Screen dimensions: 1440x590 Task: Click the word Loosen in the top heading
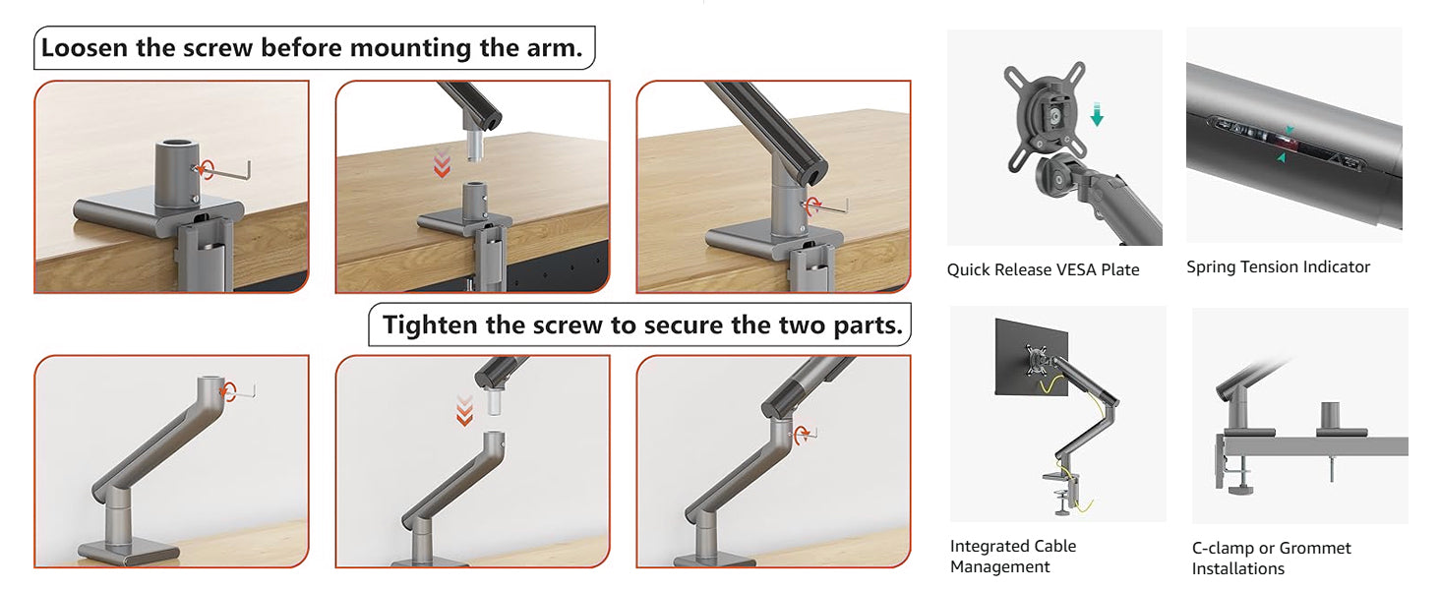(x=85, y=48)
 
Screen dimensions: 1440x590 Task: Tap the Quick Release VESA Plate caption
(x=1043, y=270)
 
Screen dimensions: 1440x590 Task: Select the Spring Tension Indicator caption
(x=1278, y=267)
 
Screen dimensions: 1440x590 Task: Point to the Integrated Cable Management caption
(x=1013, y=557)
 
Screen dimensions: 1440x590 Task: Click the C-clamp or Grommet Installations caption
(x=1272, y=559)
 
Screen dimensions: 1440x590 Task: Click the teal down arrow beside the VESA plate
(x=1097, y=115)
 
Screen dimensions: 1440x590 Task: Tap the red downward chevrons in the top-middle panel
(x=442, y=164)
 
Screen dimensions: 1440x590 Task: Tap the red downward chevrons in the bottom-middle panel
(x=465, y=411)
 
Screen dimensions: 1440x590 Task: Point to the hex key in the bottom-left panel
(x=240, y=390)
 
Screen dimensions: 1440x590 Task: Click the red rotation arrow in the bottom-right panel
(x=802, y=434)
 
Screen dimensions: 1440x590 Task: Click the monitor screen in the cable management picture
(x=1031, y=358)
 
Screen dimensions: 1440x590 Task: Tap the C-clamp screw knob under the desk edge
(x=1239, y=490)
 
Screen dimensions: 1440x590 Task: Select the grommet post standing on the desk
(x=1330, y=417)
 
